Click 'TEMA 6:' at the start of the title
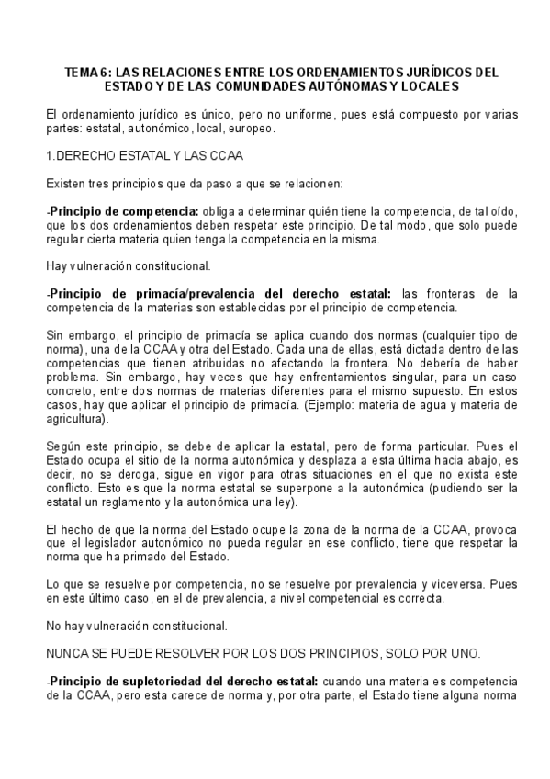(88, 70)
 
